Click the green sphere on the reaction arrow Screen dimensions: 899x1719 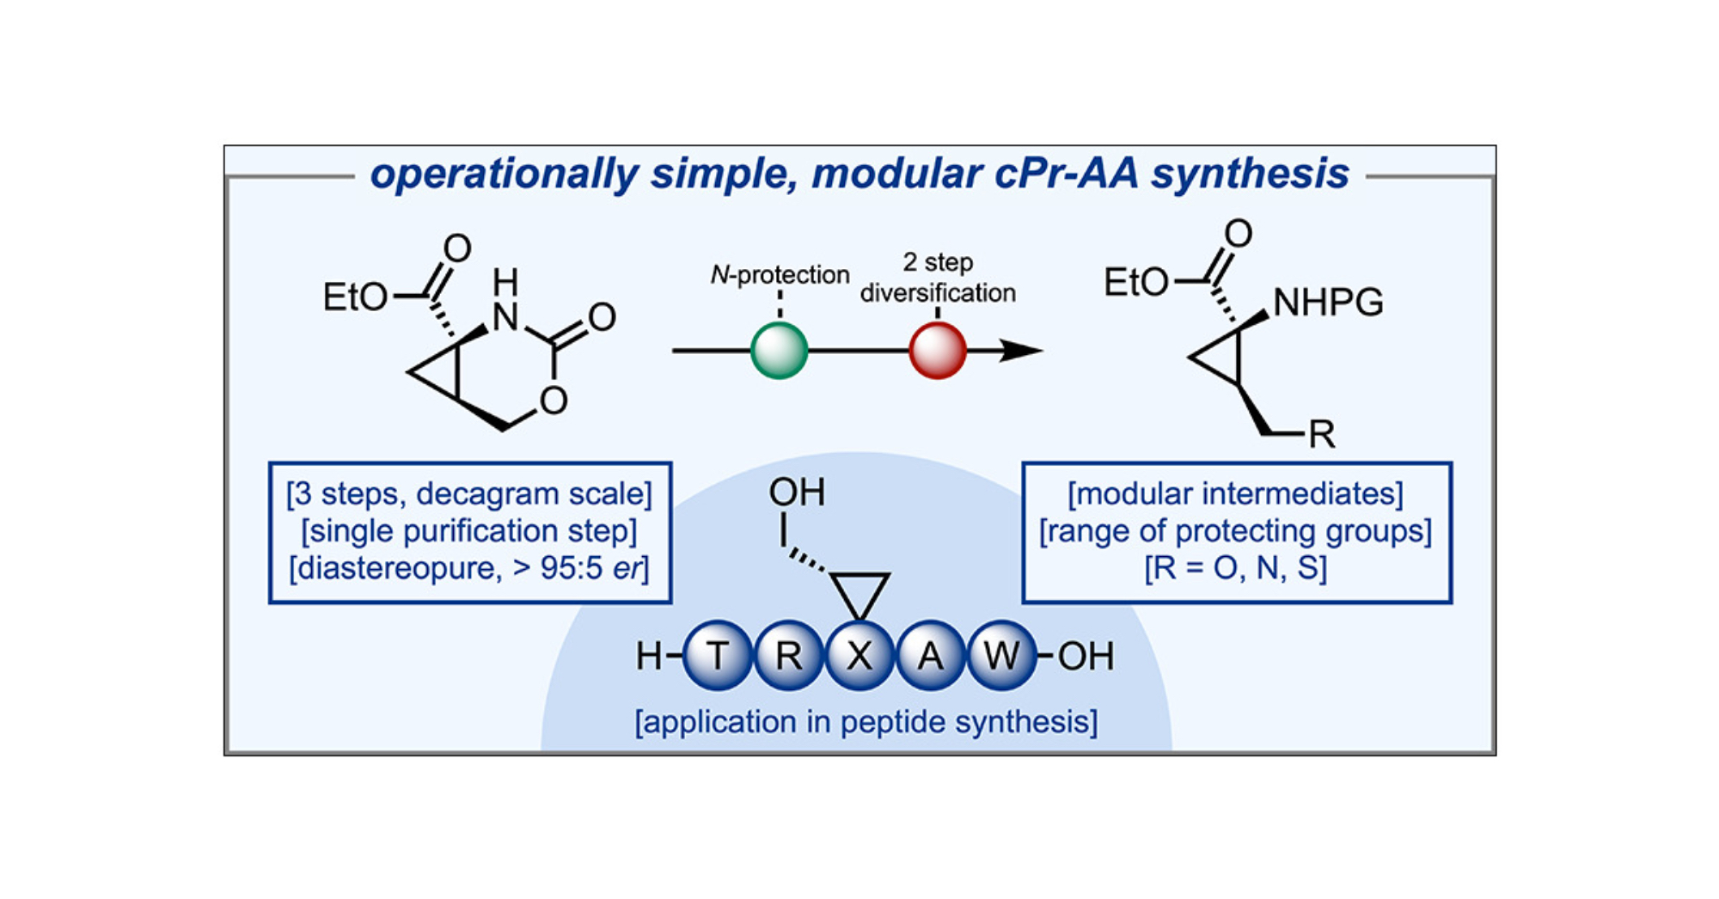pos(779,351)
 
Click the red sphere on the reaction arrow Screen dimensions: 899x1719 pos(938,351)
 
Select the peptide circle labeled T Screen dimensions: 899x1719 pos(718,656)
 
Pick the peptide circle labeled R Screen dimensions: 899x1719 pos(788,656)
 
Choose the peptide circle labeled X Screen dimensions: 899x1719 pos(859,656)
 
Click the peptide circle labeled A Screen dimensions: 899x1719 pos(930,656)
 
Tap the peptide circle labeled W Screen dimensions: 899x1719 pos(1001,656)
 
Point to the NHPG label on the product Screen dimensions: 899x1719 pos(1328,303)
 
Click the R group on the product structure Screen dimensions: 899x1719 pos(1322,435)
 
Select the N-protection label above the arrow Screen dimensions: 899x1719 pos(780,275)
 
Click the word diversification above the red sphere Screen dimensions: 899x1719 pos(938,293)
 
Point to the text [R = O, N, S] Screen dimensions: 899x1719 pos(1236,568)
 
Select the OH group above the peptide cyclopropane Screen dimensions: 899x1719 pos(797,492)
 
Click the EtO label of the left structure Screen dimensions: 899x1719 pos(355,297)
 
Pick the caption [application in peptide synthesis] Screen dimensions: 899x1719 pos(866,722)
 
